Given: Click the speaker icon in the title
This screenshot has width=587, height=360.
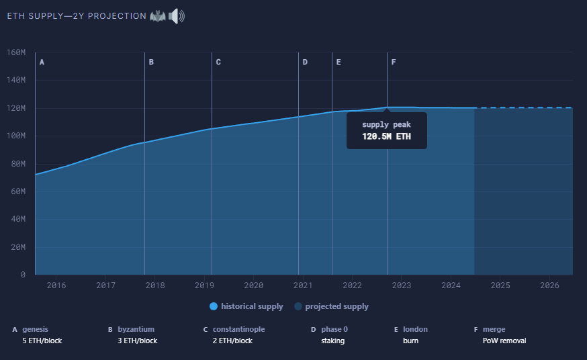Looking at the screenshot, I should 176,15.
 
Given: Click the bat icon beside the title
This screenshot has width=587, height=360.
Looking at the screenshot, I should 157,15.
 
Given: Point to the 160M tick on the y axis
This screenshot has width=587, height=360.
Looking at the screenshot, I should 15,52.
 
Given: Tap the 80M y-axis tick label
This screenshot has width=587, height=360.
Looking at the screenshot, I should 17,164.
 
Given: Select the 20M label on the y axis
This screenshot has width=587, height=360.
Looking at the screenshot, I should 17,247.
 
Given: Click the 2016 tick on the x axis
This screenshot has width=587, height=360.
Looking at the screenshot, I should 56,285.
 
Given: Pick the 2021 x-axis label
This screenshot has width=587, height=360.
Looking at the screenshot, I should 303,285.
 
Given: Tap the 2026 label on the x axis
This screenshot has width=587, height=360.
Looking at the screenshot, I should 549,285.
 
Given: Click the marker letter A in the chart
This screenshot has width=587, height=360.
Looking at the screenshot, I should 42,62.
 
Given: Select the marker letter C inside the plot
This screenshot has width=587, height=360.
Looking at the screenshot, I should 218,62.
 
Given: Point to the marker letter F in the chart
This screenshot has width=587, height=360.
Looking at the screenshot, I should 394,62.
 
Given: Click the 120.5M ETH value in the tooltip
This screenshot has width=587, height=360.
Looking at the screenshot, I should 386,137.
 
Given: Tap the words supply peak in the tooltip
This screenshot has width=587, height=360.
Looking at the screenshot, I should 386,125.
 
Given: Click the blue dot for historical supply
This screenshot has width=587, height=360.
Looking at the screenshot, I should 214,307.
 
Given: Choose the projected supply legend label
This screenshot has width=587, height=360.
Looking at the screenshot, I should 336,307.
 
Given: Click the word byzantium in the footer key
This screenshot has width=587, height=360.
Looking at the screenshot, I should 136,329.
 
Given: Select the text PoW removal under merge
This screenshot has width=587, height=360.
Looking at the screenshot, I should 504,341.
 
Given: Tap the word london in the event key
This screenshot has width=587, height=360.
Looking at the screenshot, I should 415,329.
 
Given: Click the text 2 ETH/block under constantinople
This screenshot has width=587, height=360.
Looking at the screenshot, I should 232,341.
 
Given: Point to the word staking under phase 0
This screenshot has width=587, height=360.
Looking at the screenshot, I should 332,341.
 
